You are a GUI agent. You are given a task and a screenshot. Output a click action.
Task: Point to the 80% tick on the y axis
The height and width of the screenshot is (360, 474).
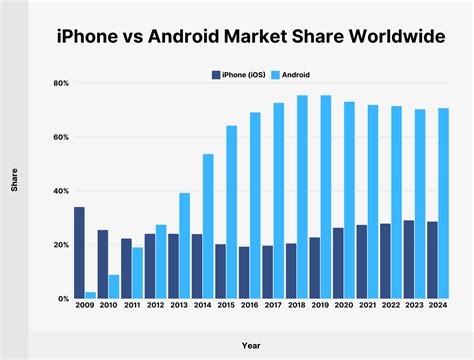click(61, 83)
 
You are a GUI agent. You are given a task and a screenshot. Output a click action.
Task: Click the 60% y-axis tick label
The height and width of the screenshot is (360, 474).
click(61, 137)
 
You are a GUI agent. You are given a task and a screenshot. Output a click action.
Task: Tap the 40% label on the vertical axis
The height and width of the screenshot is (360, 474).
click(61, 191)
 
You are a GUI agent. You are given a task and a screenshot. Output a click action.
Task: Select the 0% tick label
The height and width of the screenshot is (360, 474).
click(63, 299)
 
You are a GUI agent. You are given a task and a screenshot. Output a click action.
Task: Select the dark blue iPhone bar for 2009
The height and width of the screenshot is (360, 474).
click(79, 253)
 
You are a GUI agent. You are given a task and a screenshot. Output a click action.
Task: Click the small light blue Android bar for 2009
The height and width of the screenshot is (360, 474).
click(90, 295)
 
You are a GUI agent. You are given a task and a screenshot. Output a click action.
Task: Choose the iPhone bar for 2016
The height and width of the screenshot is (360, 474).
click(244, 272)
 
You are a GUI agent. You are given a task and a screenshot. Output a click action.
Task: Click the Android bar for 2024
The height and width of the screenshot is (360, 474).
click(443, 203)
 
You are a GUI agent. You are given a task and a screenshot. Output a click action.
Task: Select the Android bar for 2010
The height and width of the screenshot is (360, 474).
click(113, 287)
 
